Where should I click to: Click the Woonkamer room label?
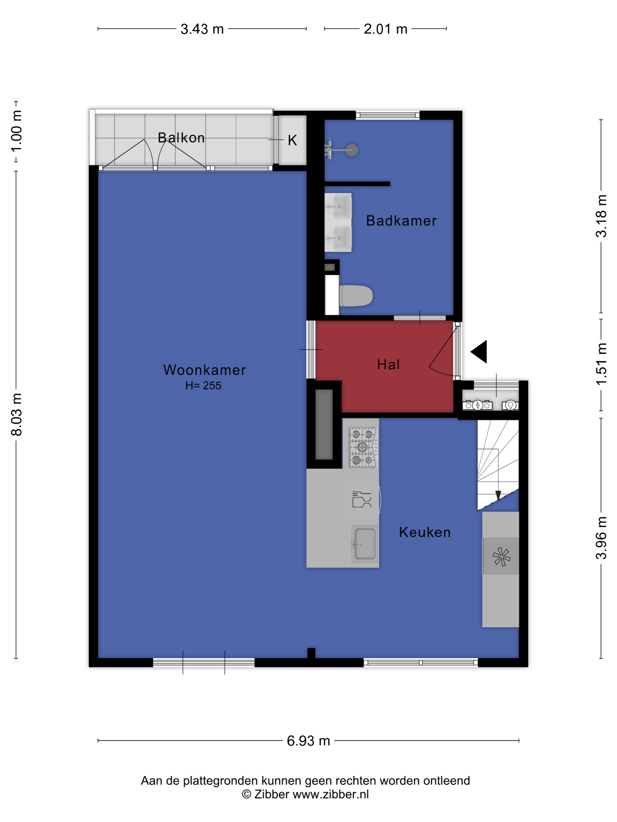pyautogui.click(x=204, y=370)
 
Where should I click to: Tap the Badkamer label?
pyautogui.click(x=401, y=221)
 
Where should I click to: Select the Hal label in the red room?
pyautogui.click(x=388, y=365)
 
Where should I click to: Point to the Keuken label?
pyautogui.click(x=425, y=532)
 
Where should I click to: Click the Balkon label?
pyautogui.click(x=181, y=137)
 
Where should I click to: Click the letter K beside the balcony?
pyautogui.click(x=292, y=140)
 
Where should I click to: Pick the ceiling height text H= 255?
pyautogui.click(x=203, y=386)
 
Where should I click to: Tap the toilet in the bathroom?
pyautogui.click(x=356, y=296)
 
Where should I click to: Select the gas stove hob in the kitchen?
pyautogui.click(x=363, y=447)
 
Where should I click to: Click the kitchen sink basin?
pyautogui.click(x=365, y=544)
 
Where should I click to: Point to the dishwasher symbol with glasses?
pyautogui.click(x=361, y=499)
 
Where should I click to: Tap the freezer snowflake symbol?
pyautogui.click(x=501, y=557)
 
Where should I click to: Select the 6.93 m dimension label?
pyautogui.click(x=308, y=741)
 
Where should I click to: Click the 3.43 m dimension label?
pyautogui.click(x=202, y=29)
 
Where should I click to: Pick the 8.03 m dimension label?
pyautogui.click(x=17, y=414)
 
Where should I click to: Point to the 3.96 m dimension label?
pyautogui.click(x=601, y=538)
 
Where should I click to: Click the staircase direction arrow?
pyautogui.click(x=498, y=495)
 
